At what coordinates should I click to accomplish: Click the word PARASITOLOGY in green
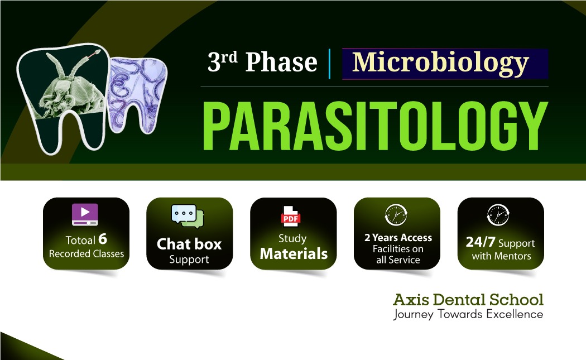point(375,126)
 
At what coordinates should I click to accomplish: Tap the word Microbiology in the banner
point(440,63)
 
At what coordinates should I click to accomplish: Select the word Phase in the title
point(281,62)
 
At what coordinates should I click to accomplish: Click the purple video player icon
point(85,214)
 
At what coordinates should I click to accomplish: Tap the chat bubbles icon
point(188,216)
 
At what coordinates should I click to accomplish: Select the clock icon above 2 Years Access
point(396,215)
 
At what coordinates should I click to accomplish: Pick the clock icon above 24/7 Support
point(498,215)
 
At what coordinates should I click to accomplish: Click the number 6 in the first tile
point(102,239)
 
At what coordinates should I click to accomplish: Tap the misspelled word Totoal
point(80,240)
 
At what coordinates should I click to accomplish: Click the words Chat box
point(189,244)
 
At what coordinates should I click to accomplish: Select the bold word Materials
point(294,254)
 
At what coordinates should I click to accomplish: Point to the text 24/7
point(480,242)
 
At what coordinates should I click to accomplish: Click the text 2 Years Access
point(398,238)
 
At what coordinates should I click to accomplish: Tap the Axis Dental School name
point(468,299)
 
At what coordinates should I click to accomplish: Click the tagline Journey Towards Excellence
point(468,314)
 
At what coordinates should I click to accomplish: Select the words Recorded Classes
point(87,254)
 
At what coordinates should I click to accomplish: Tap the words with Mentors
point(501,256)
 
